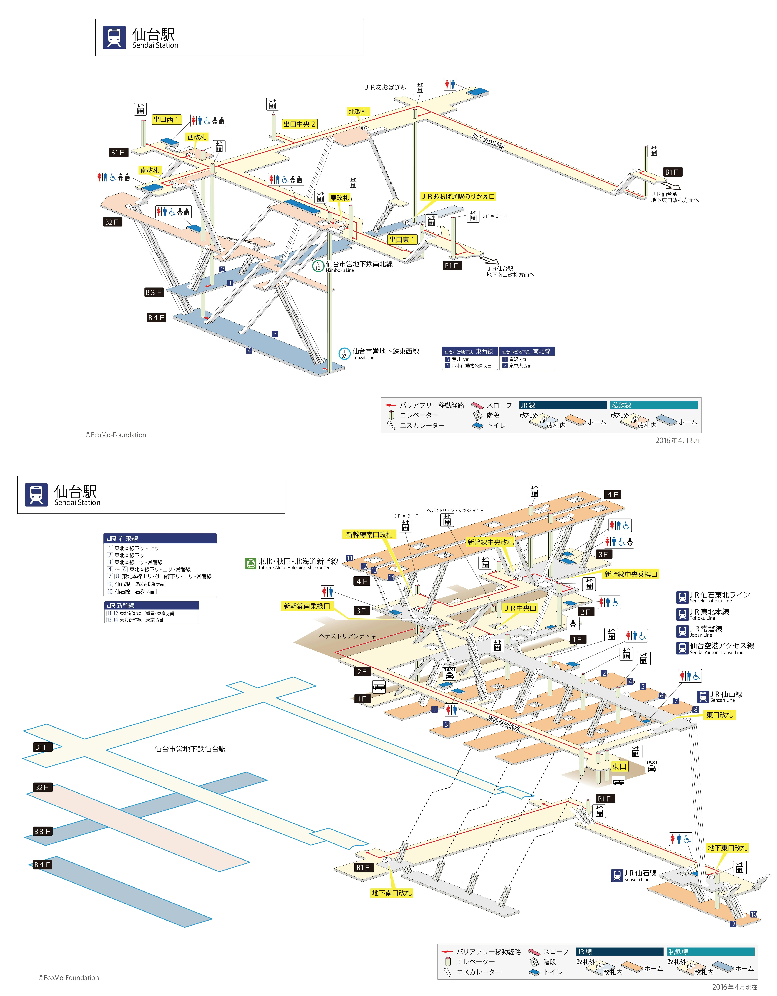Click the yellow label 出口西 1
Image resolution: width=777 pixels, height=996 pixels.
coord(166,120)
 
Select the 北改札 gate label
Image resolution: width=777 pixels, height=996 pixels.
coord(358,111)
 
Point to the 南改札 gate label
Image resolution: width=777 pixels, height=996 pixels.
coord(150,170)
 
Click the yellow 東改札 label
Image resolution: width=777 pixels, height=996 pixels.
coord(339,197)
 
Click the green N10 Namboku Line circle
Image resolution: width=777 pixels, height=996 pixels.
coord(318,266)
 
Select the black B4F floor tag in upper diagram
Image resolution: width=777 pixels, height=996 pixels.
coord(156,317)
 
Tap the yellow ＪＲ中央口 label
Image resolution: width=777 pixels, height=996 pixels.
coord(520,608)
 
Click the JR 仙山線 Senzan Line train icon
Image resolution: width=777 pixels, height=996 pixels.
coord(703,696)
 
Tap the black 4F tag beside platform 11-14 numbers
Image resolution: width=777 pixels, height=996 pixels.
coord(362,581)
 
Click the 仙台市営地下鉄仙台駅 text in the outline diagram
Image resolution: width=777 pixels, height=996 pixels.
coord(190,749)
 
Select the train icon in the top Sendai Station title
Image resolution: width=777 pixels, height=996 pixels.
coord(114,37)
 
